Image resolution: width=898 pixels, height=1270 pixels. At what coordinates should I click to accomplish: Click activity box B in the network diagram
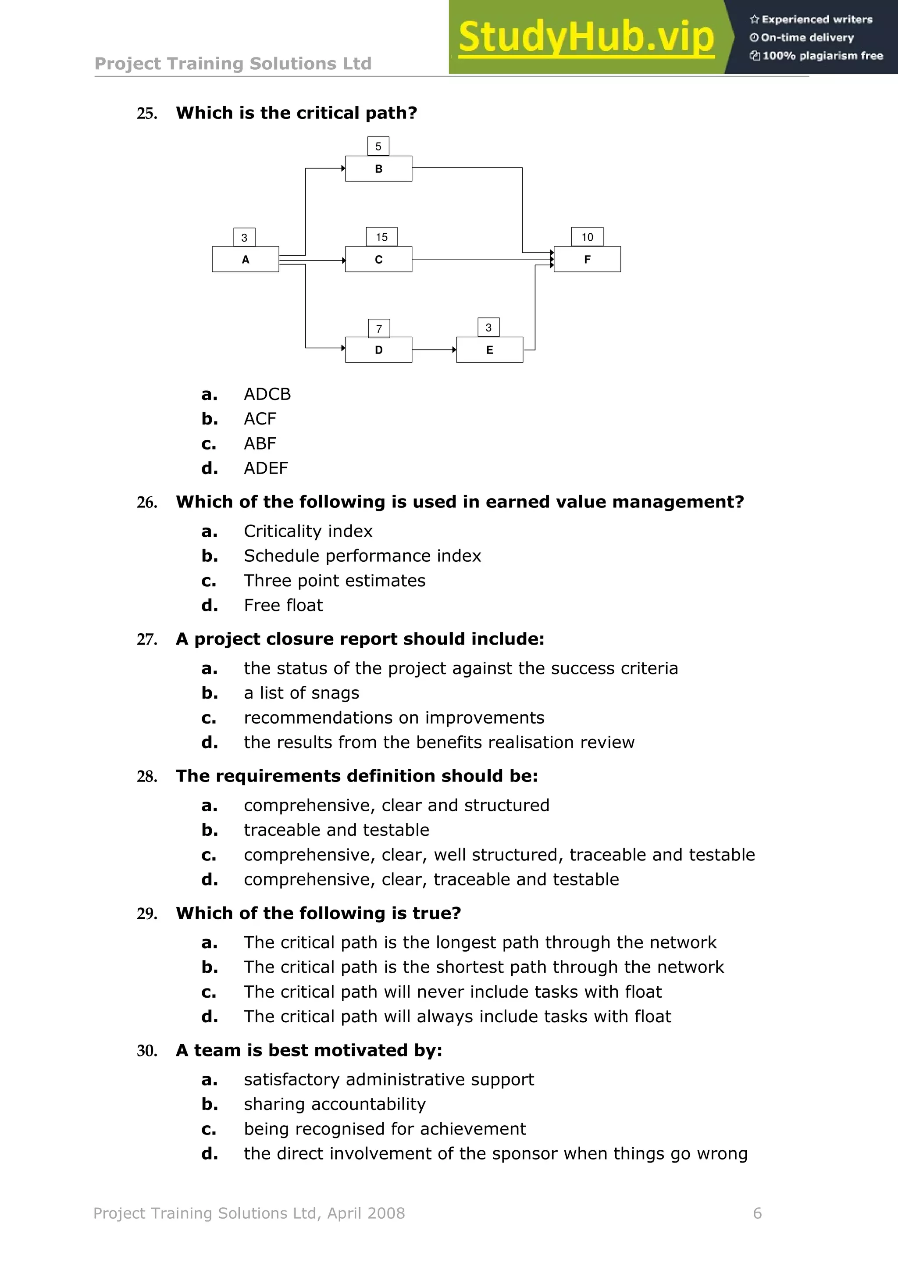[x=378, y=169]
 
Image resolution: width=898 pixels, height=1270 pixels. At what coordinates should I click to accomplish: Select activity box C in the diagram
[x=378, y=260]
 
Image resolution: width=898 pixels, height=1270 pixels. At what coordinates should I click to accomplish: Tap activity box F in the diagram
[x=587, y=260]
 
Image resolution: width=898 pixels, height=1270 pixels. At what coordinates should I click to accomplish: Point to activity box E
[x=489, y=350]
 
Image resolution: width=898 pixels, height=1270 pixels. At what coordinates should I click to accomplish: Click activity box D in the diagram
[x=378, y=350]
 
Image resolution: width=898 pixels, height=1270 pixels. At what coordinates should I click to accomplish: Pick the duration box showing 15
[x=381, y=237]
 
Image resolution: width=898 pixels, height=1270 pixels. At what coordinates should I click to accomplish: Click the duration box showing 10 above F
[x=587, y=237]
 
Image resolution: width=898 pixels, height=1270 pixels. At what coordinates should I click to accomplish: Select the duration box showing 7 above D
[x=379, y=328]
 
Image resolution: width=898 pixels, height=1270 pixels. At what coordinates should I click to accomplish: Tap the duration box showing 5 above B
[x=378, y=146]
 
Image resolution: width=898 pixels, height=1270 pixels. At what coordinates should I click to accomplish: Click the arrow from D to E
[x=434, y=350]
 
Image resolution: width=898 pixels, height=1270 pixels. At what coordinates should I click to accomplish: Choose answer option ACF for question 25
[x=260, y=419]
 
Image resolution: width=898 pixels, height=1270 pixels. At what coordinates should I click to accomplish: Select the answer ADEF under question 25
[x=266, y=468]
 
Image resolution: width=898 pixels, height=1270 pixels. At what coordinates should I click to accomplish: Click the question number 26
[x=146, y=502]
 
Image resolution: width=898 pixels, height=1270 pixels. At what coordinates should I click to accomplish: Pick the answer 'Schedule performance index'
[x=362, y=556]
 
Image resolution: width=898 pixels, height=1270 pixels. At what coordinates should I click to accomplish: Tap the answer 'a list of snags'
[x=301, y=693]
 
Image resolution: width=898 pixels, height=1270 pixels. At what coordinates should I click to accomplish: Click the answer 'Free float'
[x=283, y=605]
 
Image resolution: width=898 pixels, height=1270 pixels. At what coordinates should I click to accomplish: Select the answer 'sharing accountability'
[x=335, y=1105]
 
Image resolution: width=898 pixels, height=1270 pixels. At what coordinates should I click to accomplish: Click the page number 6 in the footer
[x=757, y=1213]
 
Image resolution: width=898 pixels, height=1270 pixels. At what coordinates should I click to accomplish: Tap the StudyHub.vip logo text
[x=586, y=37]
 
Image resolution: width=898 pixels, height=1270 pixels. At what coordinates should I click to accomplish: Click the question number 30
[x=146, y=1050]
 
